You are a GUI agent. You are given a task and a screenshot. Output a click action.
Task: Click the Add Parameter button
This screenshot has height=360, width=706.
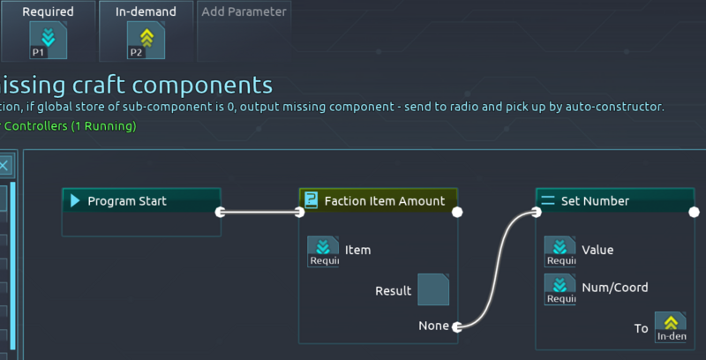coord(244,12)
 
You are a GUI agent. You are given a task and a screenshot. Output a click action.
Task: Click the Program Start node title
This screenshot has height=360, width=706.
coord(127,201)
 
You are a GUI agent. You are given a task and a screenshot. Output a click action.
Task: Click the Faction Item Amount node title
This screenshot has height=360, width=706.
coord(384,201)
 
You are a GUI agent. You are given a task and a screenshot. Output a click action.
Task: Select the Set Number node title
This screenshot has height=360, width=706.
coord(595,201)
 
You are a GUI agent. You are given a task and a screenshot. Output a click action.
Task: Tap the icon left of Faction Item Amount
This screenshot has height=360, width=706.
coord(311,201)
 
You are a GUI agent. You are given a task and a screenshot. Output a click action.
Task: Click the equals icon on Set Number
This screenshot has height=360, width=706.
coord(547,201)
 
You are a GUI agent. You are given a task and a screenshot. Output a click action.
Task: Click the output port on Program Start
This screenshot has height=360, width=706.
coord(221,212)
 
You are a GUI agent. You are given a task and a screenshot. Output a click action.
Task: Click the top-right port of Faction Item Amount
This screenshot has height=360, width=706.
coord(457,212)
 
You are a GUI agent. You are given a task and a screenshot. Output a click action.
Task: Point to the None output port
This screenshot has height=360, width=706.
coord(456,326)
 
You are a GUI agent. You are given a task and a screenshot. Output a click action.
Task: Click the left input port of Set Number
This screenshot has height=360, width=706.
coord(536,212)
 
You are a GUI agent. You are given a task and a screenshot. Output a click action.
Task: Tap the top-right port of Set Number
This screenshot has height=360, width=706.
coord(694,212)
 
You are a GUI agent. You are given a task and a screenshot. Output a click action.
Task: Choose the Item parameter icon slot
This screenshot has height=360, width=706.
coord(323,251)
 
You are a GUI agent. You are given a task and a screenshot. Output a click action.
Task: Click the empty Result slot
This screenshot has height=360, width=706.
coord(433,289)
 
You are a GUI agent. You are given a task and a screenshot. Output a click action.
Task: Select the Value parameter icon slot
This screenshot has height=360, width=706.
coord(560,251)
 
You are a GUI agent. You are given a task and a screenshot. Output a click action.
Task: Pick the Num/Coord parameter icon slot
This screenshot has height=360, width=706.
coord(560,289)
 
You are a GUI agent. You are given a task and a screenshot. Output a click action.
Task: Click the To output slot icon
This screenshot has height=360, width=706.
coord(671,327)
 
